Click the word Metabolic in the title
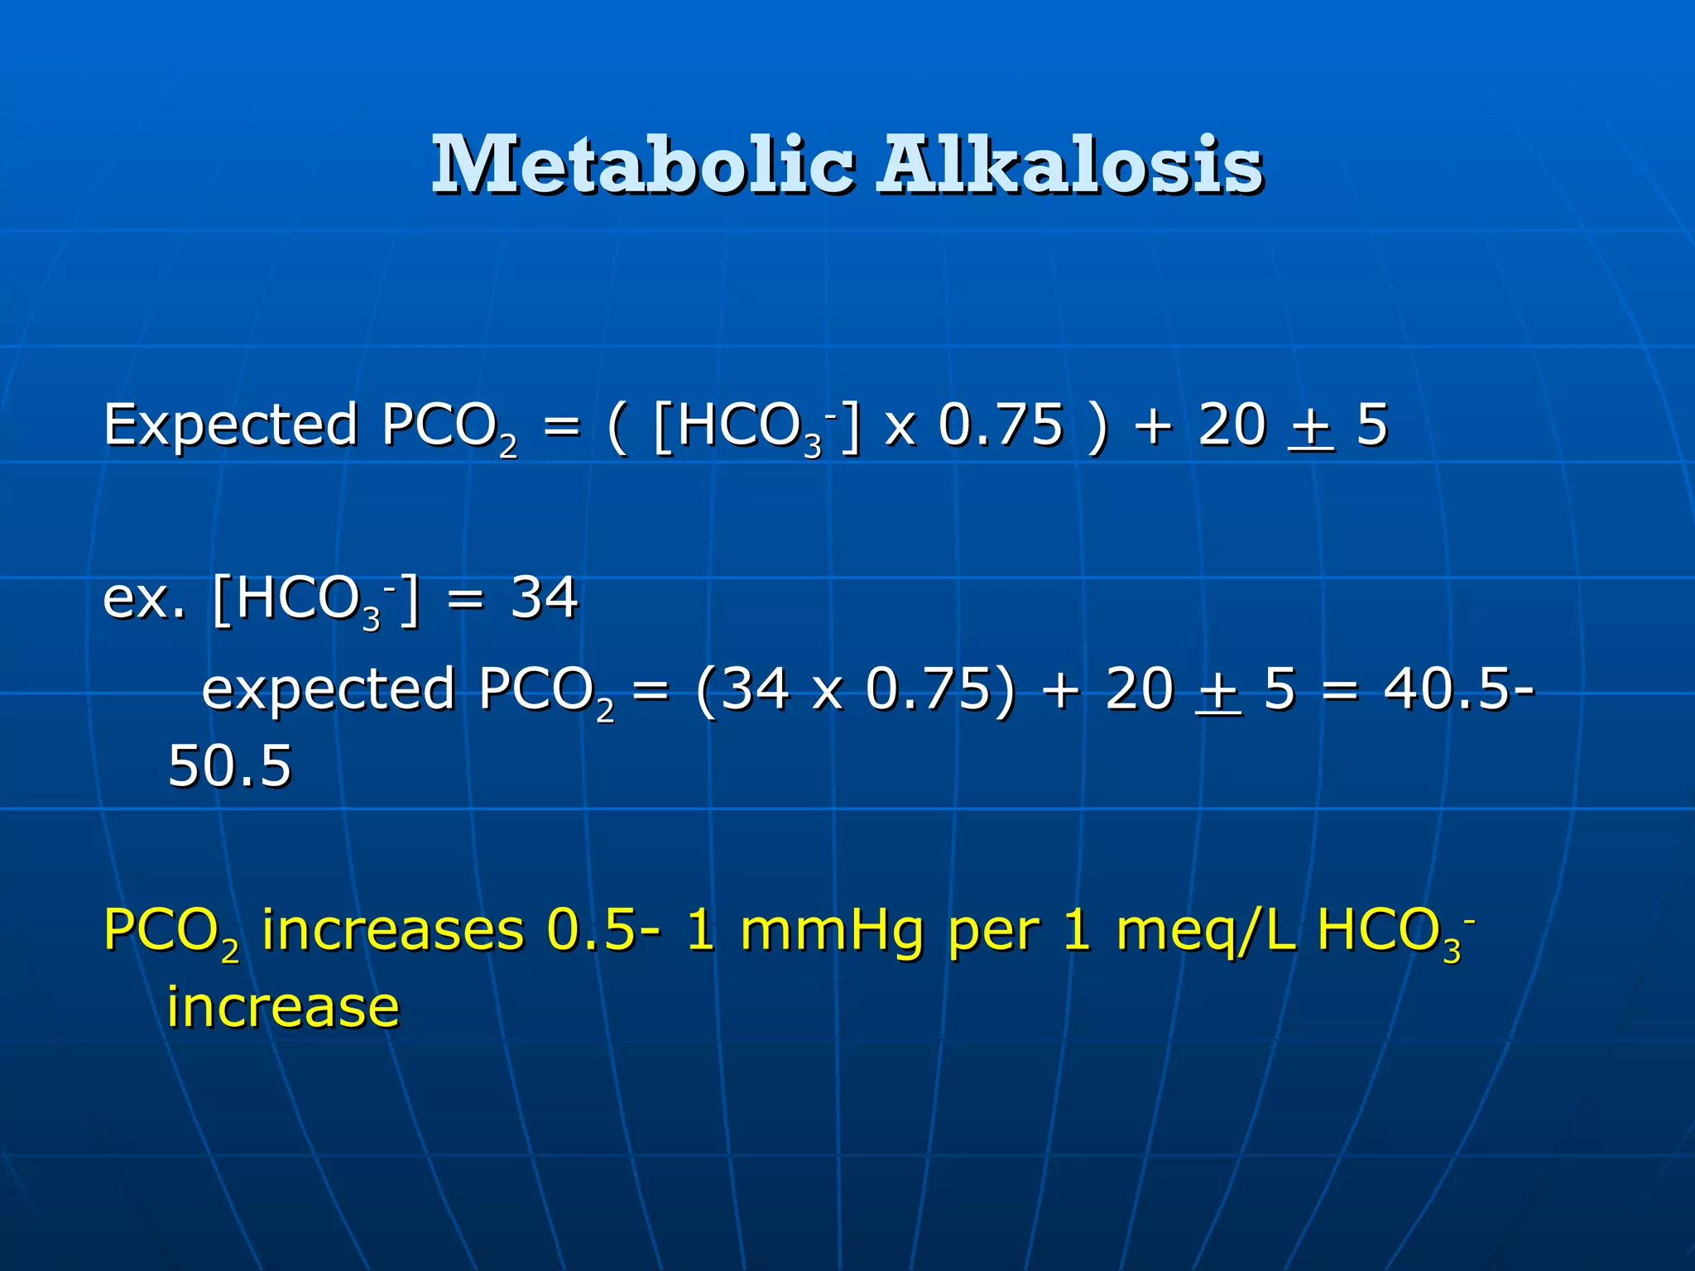[642, 165]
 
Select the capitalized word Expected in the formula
[230, 426]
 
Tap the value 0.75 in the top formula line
[1000, 426]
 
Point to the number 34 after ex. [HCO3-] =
[544, 597]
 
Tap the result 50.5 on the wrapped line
[229, 766]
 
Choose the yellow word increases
[393, 930]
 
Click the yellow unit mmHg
[831, 930]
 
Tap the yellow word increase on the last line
[283, 1007]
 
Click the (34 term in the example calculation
[742, 689]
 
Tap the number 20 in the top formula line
[1232, 426]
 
